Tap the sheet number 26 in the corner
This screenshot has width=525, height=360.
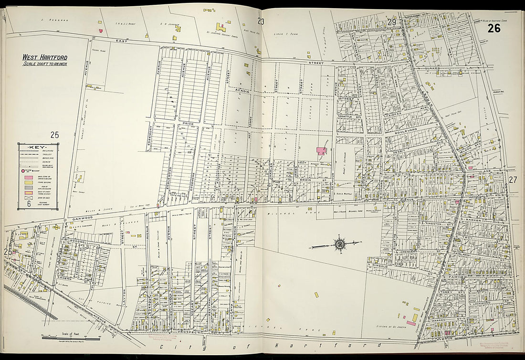coord(493,28)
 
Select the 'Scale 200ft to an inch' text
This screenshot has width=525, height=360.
coord(44,64)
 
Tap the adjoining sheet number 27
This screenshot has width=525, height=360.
coord(513,180)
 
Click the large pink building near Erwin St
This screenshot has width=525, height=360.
coord(320,151)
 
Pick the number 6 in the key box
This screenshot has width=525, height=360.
coord(29,203)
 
